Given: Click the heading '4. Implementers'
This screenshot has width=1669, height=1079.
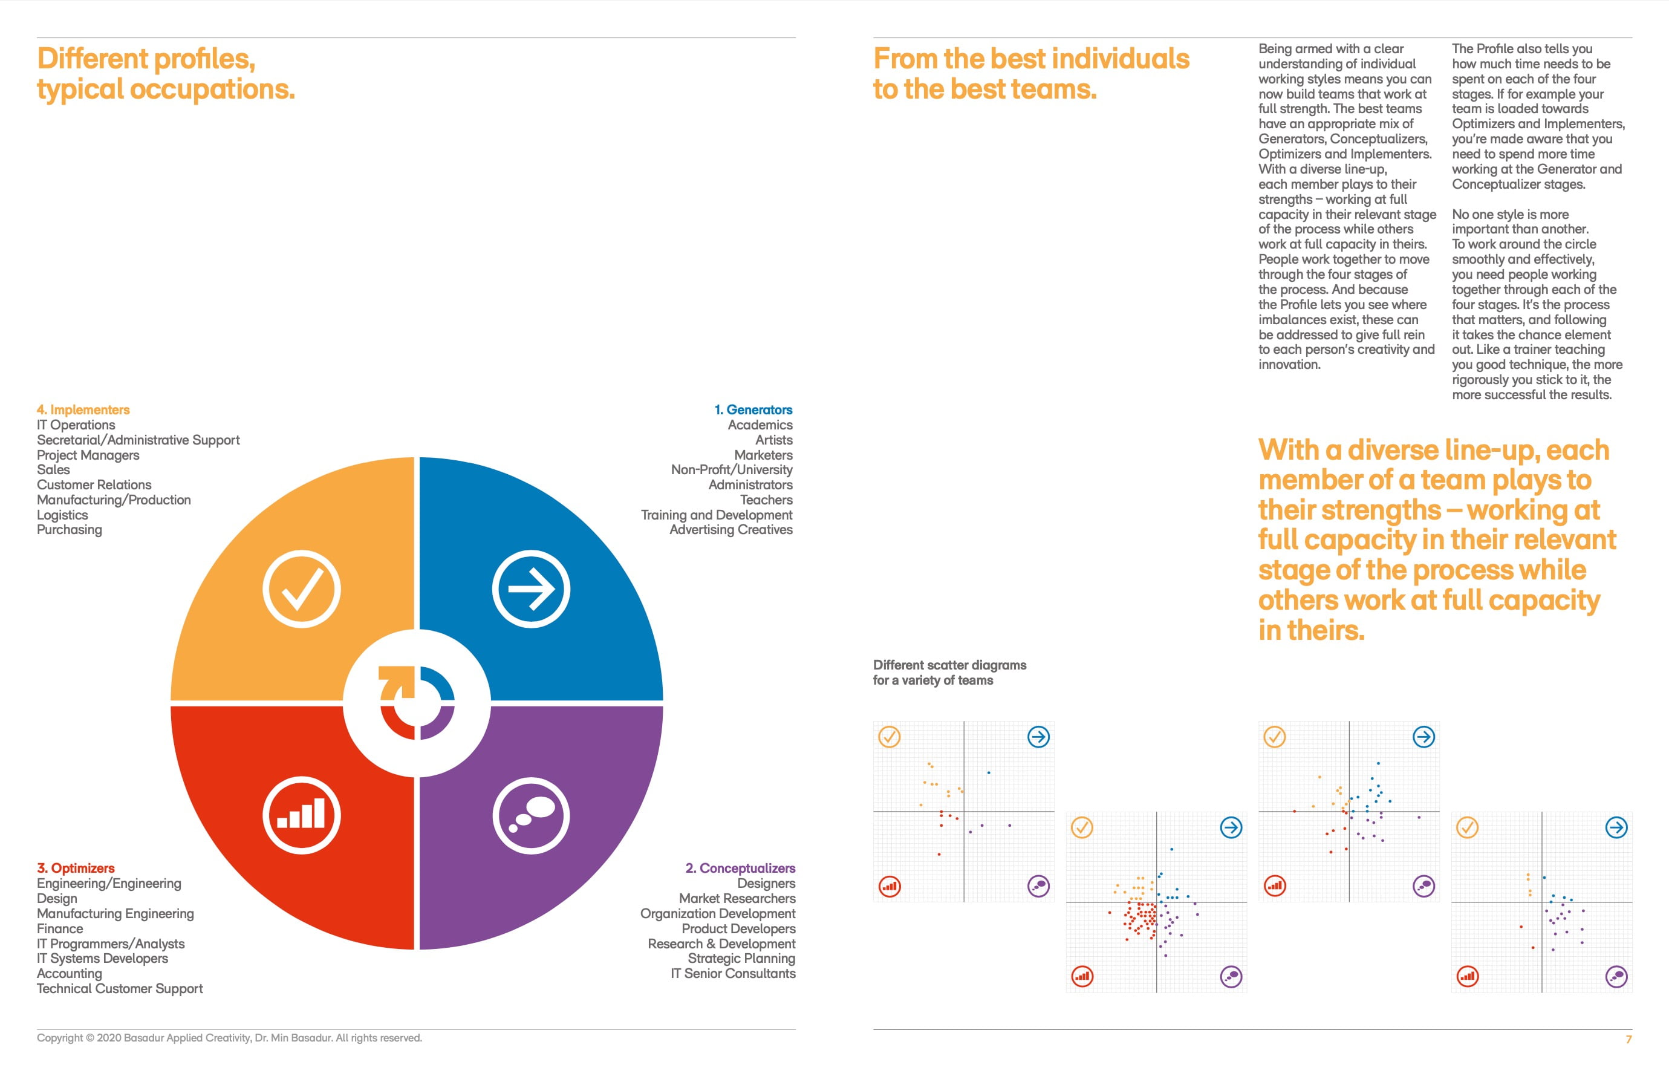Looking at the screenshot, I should click(x=83, y=410).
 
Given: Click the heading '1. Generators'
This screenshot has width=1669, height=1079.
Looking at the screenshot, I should click(x=753, y=410).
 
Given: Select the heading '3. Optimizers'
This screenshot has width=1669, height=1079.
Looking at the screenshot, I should click(x=76, y=868).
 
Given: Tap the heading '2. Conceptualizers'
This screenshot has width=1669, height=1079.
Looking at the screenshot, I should click(x=740, y=868).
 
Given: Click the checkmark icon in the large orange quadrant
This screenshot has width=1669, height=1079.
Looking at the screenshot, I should click(x=302, y=589).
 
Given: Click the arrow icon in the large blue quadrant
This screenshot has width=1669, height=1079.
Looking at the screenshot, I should click(x=531, y=589).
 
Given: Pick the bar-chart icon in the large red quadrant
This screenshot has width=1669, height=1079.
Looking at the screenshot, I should click(x=302, y=815).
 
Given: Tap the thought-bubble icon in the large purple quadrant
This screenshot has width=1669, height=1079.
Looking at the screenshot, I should click(x=531, y=815).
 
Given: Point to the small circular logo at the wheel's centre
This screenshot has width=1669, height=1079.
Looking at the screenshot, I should click(x=417, y=703).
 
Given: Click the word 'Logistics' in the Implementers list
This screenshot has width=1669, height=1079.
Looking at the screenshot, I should click(x=62, y=515).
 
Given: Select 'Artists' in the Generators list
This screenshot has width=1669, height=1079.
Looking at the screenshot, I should click(x=773, y=440).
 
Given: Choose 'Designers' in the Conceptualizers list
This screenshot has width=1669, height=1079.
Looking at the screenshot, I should click(x=766, y=884).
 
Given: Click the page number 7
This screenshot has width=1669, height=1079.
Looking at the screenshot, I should click(x=1628, y=1039).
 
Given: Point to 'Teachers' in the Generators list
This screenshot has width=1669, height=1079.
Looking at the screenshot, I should click(x=766, y=500).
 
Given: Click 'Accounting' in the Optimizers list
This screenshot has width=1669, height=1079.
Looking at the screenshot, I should click(x=70, y=973).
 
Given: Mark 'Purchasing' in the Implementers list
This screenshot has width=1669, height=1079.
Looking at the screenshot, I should click(x=70, y=530).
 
